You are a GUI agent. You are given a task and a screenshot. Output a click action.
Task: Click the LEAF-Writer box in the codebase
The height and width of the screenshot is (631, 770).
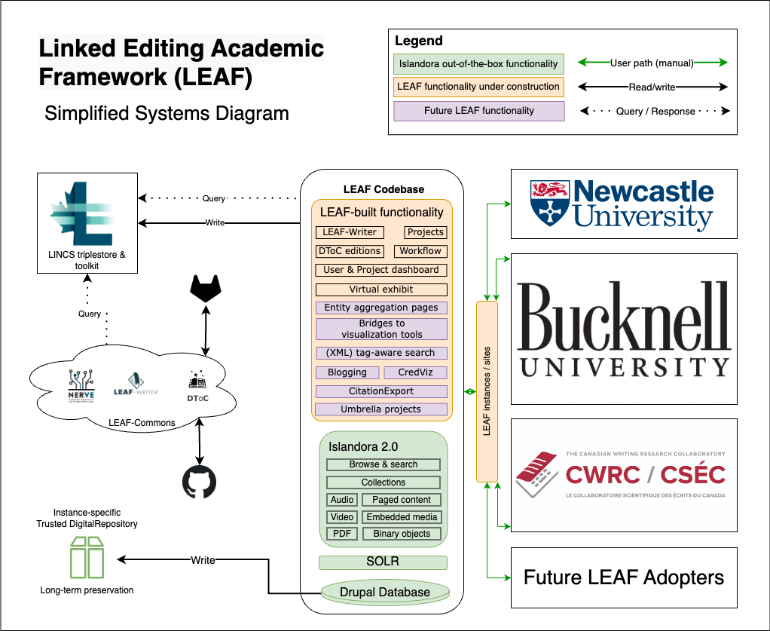coord(349,232)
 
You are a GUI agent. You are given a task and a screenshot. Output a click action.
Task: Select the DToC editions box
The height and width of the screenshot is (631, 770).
coord(349,251)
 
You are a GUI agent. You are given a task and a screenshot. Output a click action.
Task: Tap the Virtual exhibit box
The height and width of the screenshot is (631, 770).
coord(381,289)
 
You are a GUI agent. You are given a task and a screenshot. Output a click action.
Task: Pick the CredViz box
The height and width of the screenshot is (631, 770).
coord(416,372)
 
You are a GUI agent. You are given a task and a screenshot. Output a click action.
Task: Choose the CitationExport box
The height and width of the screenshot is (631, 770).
coord(381,391)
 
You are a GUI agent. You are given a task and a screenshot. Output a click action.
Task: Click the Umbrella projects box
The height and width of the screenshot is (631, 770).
coord(381,409)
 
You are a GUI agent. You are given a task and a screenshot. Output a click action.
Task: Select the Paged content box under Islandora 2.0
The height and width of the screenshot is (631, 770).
coord(402,500)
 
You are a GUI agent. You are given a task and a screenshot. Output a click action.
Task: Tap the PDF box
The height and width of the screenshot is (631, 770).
coord(341,534)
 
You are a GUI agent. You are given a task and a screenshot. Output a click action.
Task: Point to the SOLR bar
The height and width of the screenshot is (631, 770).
coord(383,562)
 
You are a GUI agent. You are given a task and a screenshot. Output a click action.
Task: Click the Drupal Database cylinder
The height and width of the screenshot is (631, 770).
coord(384,592)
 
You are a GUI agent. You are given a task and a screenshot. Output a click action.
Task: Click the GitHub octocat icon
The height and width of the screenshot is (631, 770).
coord(199,481)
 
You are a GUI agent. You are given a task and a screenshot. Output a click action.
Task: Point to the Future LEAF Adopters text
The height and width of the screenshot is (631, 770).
coord(624,578)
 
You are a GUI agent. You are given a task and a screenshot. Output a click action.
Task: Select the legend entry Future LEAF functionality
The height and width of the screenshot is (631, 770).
coord(478,111)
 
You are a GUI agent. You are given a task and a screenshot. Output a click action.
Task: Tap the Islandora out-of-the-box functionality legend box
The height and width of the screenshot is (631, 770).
coord(478,64)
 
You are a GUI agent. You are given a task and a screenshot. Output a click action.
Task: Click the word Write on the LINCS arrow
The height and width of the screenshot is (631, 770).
coord(215,222)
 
